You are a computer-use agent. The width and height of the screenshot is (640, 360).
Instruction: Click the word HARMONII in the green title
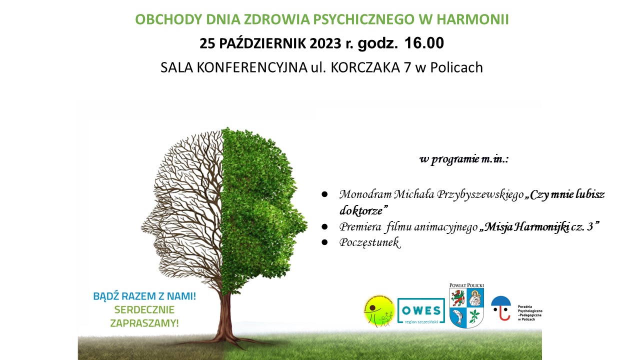pos(472,19)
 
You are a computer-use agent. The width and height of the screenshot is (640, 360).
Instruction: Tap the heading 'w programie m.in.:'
pos(463,159)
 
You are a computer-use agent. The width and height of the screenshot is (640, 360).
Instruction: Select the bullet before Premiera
pos(324,226)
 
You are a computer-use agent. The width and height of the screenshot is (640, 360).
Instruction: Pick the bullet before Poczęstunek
pos(324,242)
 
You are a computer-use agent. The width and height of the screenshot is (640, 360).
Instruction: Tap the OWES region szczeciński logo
pos(421,311)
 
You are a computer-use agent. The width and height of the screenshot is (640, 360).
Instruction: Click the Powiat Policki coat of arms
pos(466,307)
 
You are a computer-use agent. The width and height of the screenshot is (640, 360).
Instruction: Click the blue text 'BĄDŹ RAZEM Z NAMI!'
pos(144,296)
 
